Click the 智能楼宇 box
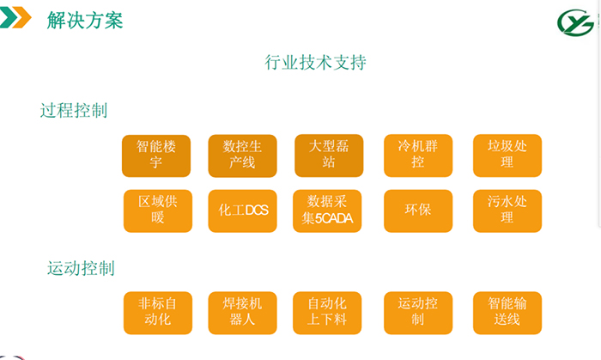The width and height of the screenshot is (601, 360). click(156, 156)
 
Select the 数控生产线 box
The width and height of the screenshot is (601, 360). click(242, 156)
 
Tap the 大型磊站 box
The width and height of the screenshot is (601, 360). click(329, 156)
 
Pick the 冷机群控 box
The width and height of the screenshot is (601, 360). click(418, 156)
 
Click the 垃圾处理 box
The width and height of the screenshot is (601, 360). click(507, 156)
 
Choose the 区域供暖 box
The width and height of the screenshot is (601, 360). click(157, 211)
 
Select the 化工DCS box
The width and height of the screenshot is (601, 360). click(242, 211)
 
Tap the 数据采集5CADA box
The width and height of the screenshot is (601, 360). click(327, 211)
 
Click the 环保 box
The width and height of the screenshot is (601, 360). click(418, 211)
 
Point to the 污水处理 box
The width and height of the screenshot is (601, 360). click(507, 211)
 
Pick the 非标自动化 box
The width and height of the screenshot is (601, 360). click(157, 313)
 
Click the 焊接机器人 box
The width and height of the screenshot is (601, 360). click(242, 313)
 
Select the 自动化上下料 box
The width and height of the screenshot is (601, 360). click(327, 313)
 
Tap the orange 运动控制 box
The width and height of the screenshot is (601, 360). click(418, 313)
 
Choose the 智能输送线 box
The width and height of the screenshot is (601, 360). click(507, 313)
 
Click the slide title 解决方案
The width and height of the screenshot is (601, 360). click(85, 20)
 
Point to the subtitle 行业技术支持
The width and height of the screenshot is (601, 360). click(315, 62)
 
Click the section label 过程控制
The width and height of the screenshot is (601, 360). click(74, 111)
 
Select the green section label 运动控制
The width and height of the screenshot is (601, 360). click(81, 268)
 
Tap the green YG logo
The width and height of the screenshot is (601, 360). click(575, 22)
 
